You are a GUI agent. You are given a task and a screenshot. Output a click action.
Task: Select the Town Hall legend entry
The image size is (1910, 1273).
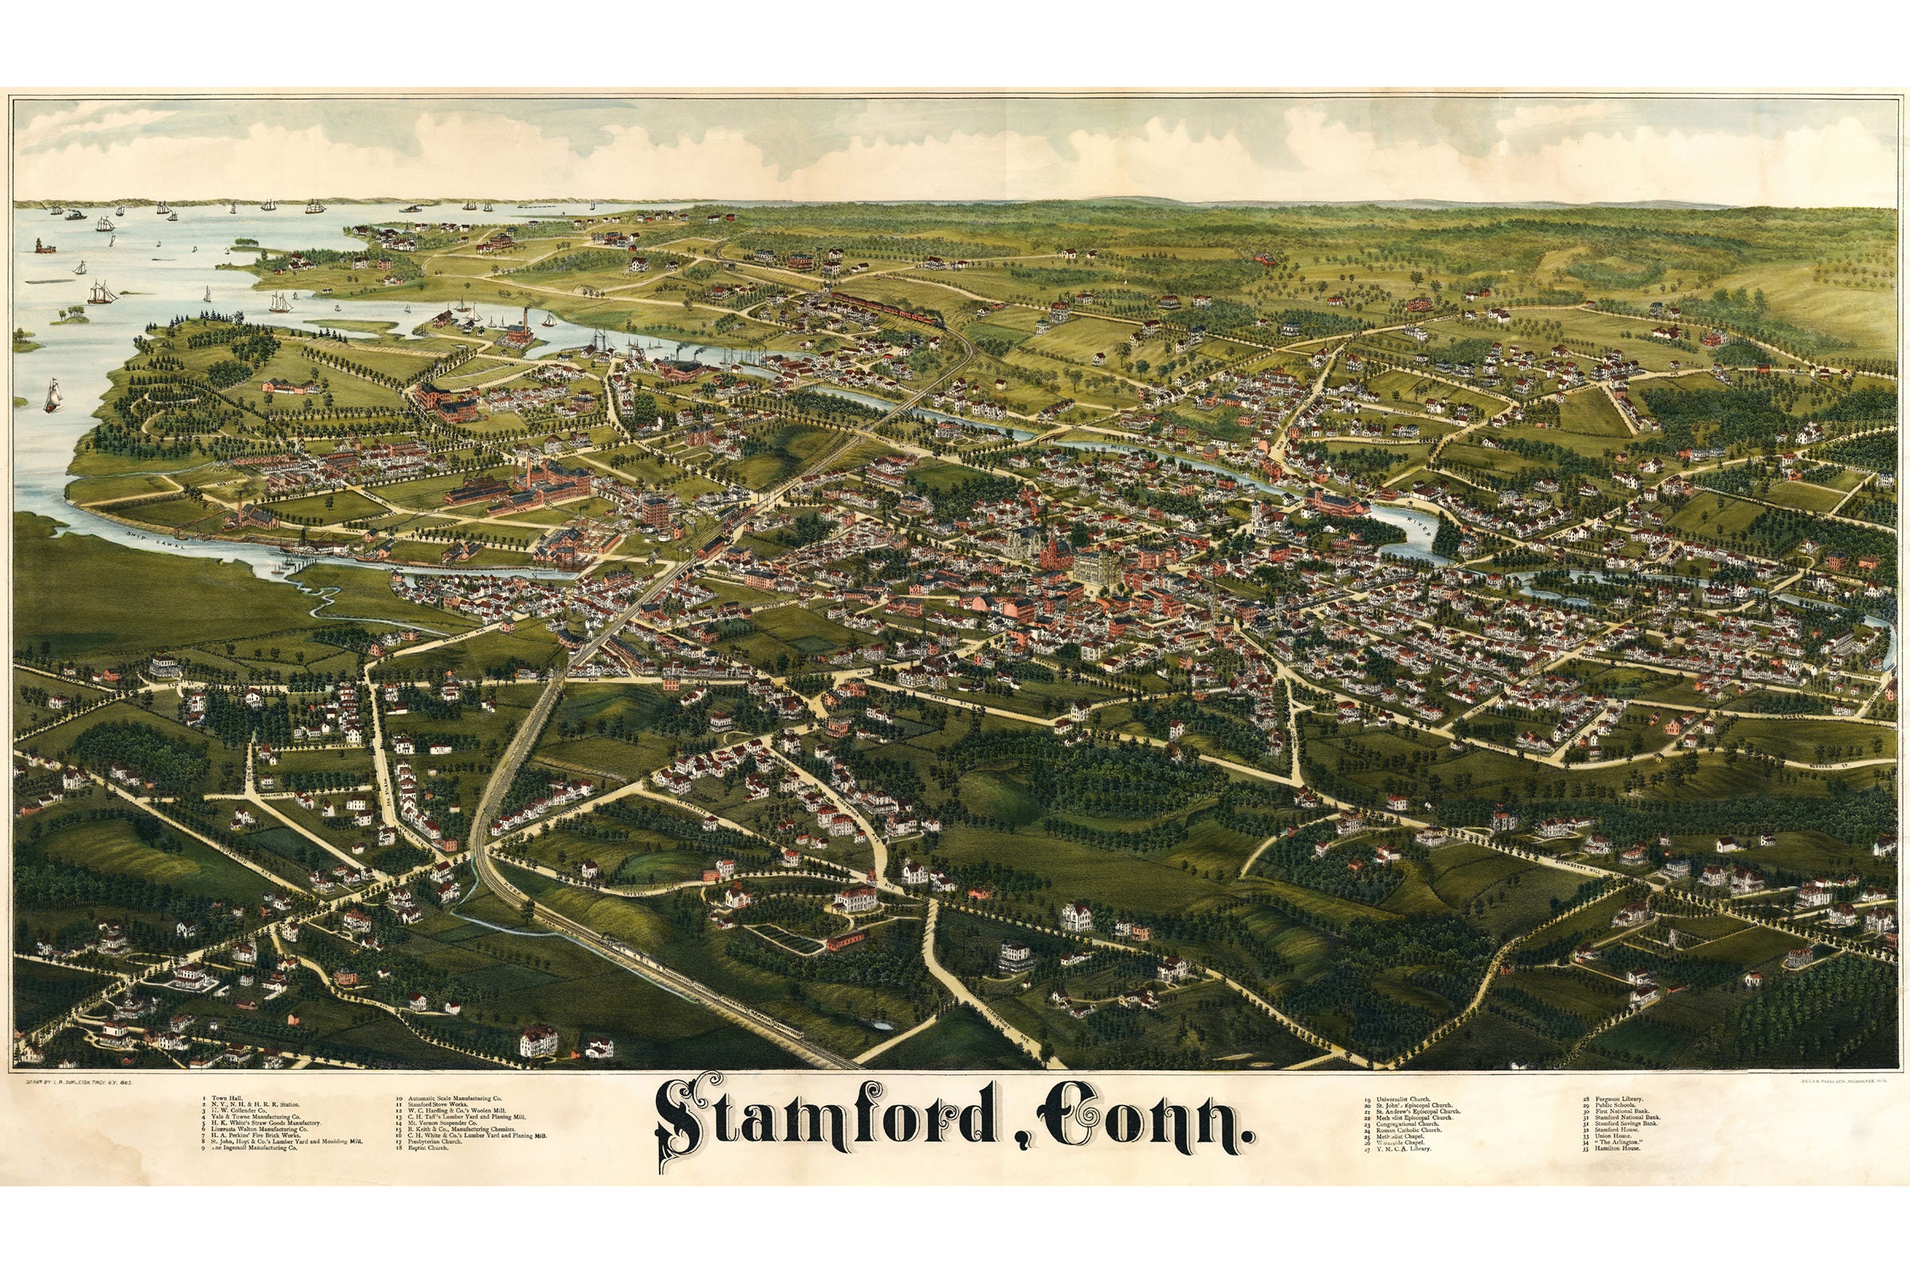227,1098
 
